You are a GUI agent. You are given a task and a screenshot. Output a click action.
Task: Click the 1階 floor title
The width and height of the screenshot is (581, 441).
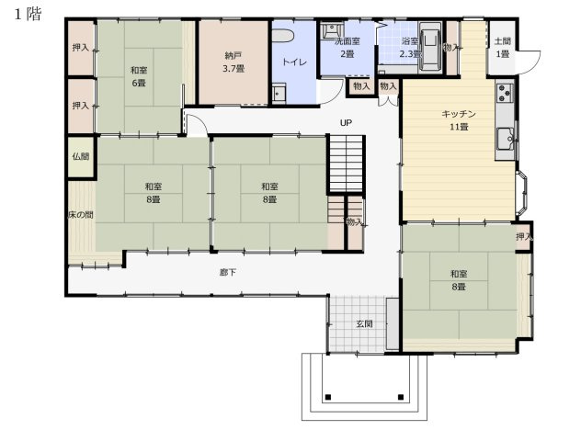tap(28, 14)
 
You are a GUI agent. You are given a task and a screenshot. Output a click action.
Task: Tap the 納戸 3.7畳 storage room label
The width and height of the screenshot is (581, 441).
tap(234, 62)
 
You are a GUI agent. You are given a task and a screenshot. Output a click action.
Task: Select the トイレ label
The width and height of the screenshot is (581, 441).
tap(294, 62)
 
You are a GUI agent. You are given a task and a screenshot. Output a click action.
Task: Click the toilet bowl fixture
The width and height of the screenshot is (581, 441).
tap(283, 36)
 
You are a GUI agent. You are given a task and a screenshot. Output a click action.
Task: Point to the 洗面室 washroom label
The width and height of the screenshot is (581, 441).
tap(347, 40)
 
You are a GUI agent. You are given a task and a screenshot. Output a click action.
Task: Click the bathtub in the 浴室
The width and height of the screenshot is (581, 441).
tap(430, 46)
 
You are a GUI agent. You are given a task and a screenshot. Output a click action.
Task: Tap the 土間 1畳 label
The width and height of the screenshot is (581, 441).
tap(503, 48)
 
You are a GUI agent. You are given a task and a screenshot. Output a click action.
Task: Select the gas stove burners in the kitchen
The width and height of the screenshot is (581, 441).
tap(505, 93)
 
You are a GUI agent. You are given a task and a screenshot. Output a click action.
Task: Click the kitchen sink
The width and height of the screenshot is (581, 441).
tap(505, 139)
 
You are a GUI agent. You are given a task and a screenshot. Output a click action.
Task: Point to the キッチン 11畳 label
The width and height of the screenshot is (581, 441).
tap(459, 120)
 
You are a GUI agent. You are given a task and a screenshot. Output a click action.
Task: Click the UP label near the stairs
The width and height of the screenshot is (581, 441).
tap(346, 122)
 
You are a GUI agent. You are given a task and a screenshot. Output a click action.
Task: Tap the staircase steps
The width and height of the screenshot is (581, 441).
tap(346, 164)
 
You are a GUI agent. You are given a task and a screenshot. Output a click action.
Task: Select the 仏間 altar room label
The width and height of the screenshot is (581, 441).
tap(80, 156)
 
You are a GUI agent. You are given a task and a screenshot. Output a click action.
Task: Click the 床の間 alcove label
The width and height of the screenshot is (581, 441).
tap(80, 214)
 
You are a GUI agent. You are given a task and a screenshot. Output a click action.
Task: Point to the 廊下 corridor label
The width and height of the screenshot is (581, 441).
tap(227, 273)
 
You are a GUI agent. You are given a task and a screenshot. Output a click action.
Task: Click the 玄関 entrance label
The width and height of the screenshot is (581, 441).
tap(364, 323)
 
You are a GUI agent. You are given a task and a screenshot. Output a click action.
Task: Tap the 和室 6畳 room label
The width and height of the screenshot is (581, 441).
tap(139, 76)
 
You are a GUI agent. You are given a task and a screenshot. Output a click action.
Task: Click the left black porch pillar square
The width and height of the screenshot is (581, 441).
tap(328, 397)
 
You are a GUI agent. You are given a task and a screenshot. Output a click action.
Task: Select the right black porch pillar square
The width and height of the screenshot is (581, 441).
tap(401, 397)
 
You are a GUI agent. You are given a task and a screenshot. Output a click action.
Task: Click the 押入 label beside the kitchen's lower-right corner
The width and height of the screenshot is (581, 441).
tap(524, 237)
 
